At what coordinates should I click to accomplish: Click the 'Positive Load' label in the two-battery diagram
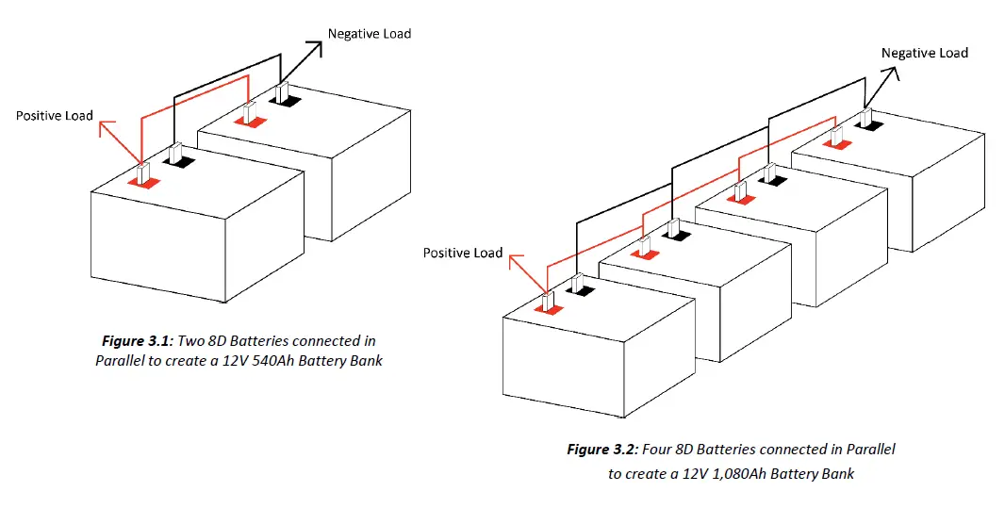55,115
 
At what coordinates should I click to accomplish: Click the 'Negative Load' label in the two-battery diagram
369,33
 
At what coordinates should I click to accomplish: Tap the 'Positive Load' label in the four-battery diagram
462,253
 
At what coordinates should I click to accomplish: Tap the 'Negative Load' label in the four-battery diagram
924,53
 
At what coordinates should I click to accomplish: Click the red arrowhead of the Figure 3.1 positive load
107,126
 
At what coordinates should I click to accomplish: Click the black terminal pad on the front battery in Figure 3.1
176,162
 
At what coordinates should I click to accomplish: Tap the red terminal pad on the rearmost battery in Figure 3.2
834,142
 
